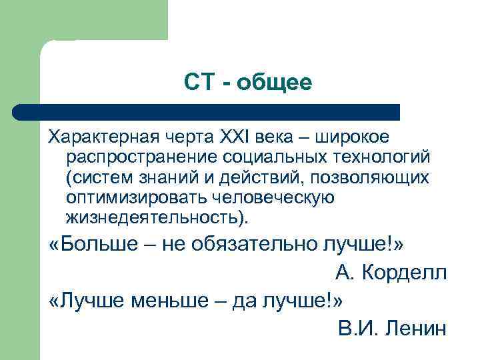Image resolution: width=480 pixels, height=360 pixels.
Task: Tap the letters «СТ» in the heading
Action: point(198,83)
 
